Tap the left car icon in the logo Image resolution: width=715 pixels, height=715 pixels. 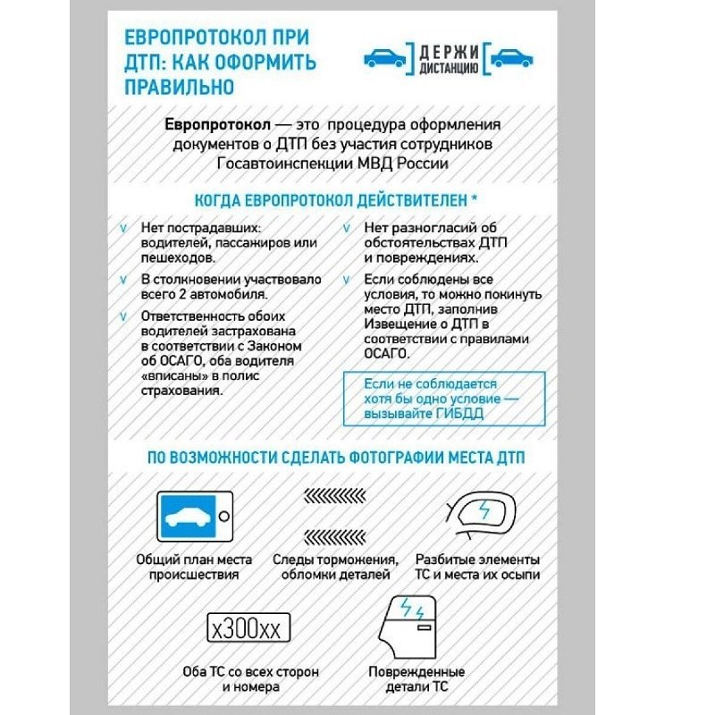(384, 58)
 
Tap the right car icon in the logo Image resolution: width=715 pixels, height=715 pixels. (512, 58)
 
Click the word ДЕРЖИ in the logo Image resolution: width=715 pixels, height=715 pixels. (448, 49)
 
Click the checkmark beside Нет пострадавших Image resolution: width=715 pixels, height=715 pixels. (124, 228)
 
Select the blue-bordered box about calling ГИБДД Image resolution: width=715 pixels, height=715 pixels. (433, 400)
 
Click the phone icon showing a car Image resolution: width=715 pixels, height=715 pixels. (195, 517)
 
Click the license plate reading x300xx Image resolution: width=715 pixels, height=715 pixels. (245, 628)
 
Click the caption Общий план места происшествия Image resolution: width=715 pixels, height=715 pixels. (194, 567)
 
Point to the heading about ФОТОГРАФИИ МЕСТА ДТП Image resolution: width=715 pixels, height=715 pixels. (336, 457)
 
